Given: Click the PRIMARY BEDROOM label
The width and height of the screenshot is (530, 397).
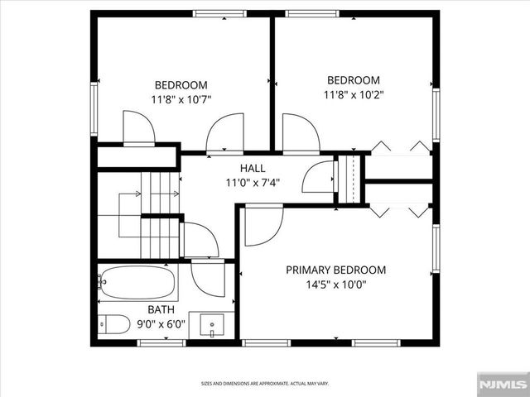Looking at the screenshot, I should [335, 270].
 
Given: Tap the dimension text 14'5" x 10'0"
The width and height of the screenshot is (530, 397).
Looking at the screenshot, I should [335, 285].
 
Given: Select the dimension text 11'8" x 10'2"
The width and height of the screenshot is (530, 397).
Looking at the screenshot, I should [353, 94].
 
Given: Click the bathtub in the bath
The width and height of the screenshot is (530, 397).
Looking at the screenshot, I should [137, 283].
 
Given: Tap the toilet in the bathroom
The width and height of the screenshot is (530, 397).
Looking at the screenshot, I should [113, 324].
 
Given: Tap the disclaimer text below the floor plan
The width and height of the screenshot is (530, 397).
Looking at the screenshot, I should [265, 383].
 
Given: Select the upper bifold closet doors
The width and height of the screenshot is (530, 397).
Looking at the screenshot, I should [400, 148].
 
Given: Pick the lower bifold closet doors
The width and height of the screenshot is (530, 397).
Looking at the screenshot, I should [400, 211].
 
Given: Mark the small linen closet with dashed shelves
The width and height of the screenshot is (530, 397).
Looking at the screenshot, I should [351, 177].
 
